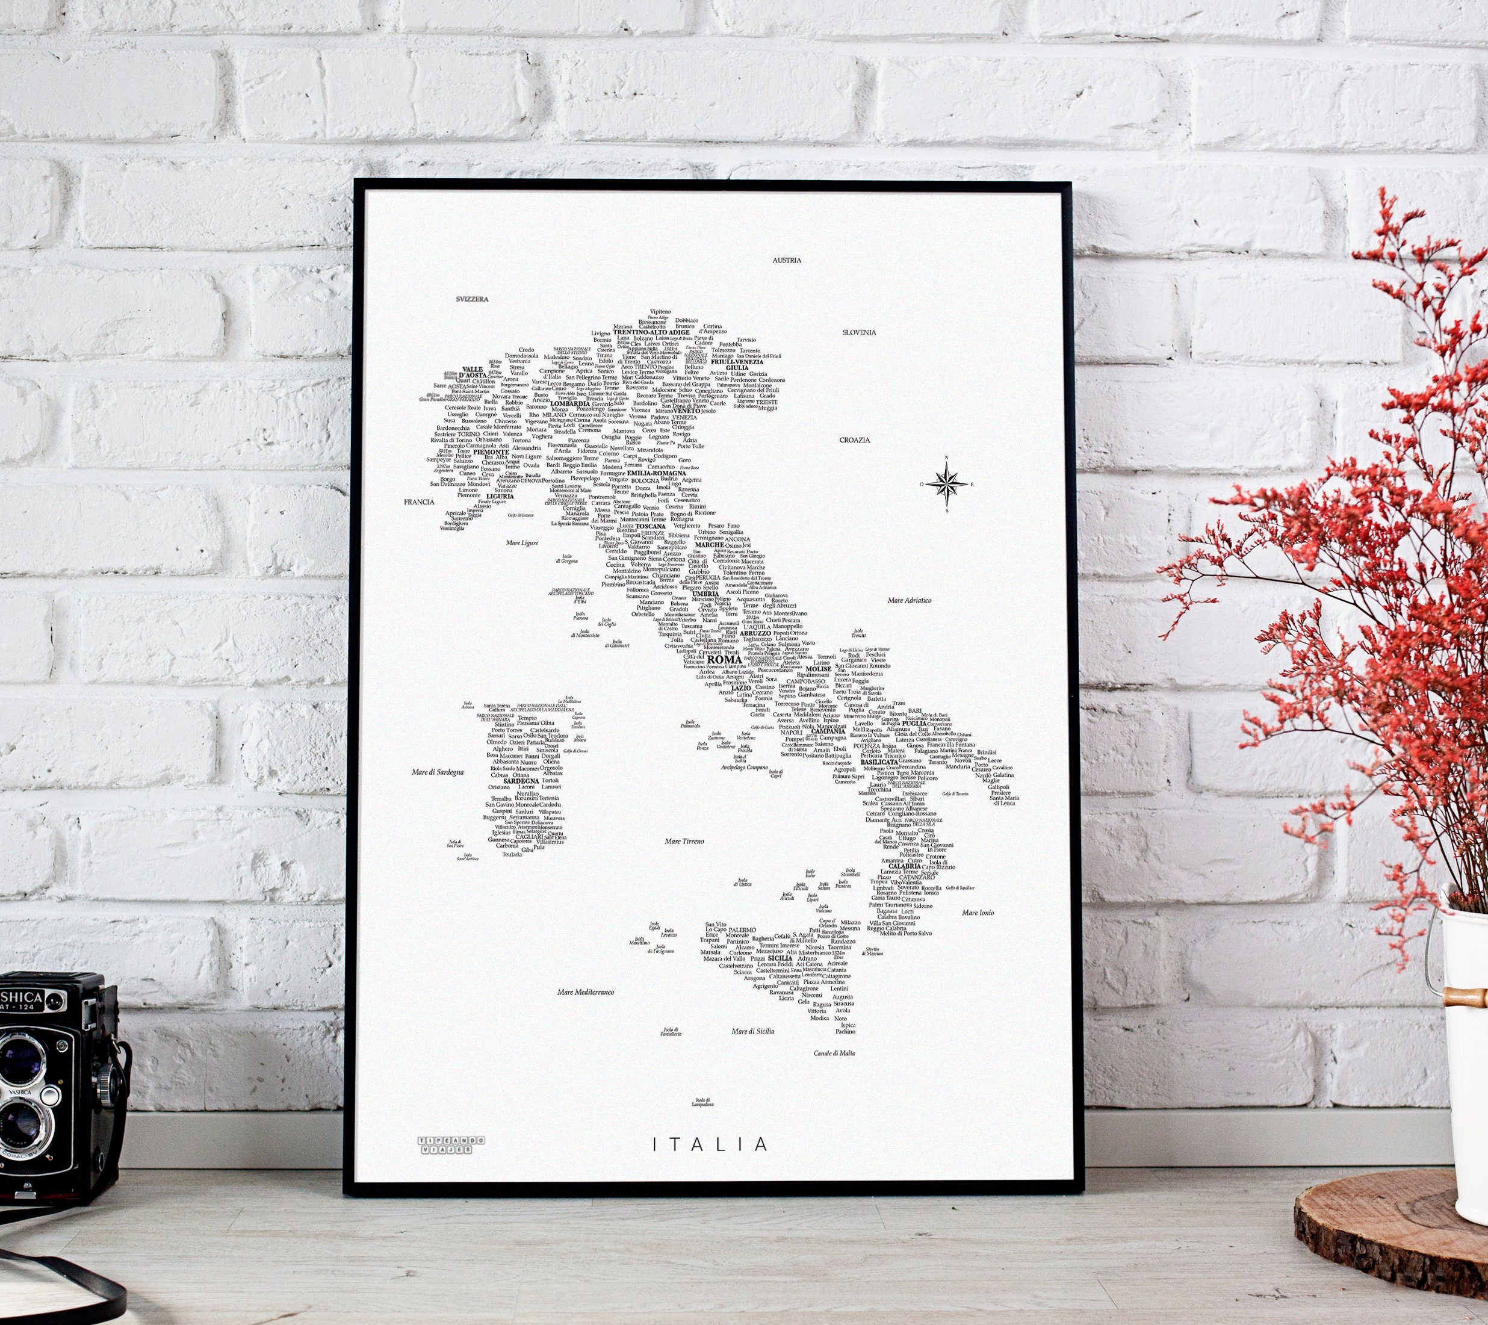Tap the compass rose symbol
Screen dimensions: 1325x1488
click(x=946, y=483)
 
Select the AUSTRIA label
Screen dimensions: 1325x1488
click(x=786, y=260)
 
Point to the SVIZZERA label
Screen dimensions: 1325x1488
click(x=472, y=299)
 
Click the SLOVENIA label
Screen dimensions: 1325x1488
click(x=859, y=332)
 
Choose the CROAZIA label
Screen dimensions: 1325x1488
click(x=855, y=439)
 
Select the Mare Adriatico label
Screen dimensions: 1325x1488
click(x=910, y=601)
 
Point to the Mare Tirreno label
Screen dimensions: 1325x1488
click(x=684, y=842)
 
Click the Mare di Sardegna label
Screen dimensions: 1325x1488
click(x=437, y=772)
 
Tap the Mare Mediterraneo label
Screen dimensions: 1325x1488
click(x=585, y=992)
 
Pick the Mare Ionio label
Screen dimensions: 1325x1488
click(x=978, y=912)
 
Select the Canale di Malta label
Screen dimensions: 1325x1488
click(x=834, y=1053)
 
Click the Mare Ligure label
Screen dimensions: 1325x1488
click(x=522, y=542)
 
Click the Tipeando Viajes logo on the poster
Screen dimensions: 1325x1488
click(x=445, y=1144)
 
